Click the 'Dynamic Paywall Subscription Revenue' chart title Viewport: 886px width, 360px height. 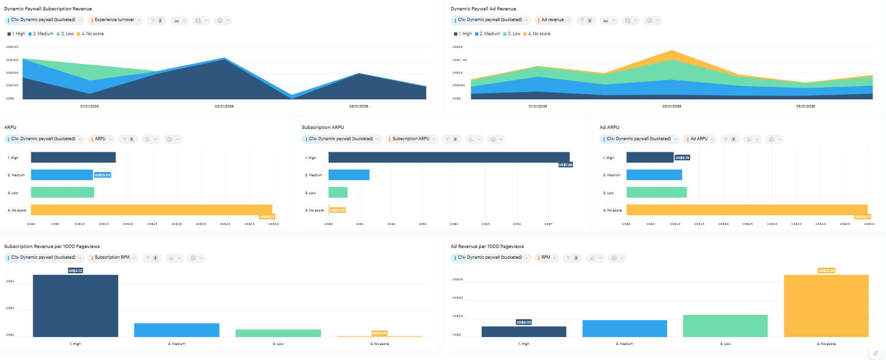(x=48, y=9)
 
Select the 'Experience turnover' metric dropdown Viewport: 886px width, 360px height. (x=115, y=20)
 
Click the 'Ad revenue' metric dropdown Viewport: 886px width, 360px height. (x=553, y=20)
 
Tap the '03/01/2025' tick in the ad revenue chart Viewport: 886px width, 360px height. (x=671, y=106)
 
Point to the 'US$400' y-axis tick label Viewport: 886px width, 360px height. (x=12, y=47)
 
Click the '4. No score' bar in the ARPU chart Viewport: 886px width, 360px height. (x=151, y=210)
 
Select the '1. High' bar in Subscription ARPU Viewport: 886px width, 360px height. (x=449, y=157)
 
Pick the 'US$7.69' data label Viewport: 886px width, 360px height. (x=566, y=165)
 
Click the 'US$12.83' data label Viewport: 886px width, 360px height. (x=103, y=175)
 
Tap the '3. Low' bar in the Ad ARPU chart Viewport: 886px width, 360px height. (x=656, y=192)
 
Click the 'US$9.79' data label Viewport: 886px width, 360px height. (x=682, y=158)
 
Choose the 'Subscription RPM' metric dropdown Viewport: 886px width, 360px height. (x=112, y=258)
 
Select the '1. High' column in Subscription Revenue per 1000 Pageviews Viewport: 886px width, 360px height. (x=75, y=306)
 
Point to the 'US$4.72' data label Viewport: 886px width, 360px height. (x=75, y=270)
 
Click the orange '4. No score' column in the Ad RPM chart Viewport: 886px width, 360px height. (x=826, y=306)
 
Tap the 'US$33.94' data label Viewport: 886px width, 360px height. (x=826, y=270)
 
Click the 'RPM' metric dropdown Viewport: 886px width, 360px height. (x=546, y=258)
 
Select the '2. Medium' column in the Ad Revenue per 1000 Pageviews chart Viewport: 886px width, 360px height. (x=625, y=329)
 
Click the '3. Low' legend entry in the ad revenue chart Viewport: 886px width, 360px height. (x=514, y=34)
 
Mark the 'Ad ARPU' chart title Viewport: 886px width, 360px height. (x=609, y=127)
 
